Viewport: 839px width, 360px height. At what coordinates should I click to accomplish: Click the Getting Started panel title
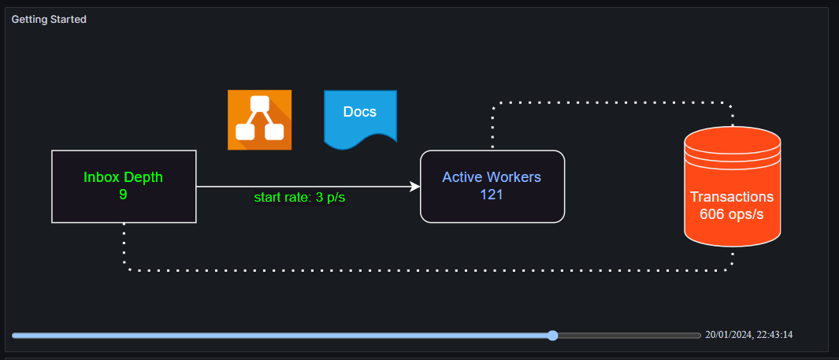(x=49, y=19)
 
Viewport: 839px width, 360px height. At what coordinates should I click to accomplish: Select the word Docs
(x=360, y=112)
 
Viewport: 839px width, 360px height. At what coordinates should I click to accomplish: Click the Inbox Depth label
(x=124, y=177)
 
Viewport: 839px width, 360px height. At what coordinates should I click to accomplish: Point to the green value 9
(x=123, y=194)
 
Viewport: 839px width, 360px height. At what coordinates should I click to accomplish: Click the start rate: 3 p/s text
(x=299, y=197)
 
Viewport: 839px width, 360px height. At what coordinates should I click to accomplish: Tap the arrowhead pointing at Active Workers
(x=414, y=187)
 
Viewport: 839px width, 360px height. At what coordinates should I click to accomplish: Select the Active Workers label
(x=492, y=177)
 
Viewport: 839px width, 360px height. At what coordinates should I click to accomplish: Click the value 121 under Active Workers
(x=492, y=195)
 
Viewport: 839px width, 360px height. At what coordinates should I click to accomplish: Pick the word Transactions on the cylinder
(x=732, y=197)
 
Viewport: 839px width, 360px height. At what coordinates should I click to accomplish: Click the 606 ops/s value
(x=732, y=214)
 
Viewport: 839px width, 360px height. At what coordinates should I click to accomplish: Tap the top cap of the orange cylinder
(x=732, y=140)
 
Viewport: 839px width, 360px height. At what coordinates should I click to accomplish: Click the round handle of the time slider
(x=553, y=336)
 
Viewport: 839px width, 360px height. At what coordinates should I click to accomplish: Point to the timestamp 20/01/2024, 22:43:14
(x=748, y=335)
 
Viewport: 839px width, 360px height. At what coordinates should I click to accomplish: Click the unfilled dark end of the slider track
(x=630, y=336)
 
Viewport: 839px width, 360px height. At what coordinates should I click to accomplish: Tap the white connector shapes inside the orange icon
(x=260, y=120)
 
